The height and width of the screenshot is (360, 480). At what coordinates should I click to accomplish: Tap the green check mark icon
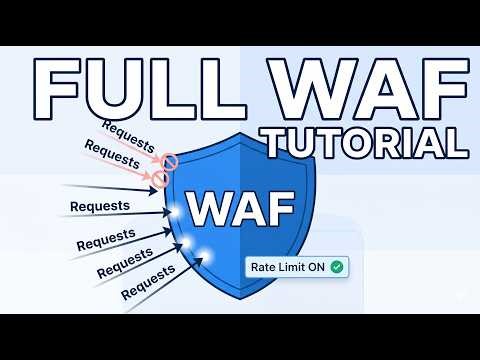(x=337, y=267)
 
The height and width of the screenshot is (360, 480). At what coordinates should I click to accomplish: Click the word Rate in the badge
(x=265, y=267)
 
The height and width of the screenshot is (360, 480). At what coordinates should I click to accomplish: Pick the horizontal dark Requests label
(x=100, y=206)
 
